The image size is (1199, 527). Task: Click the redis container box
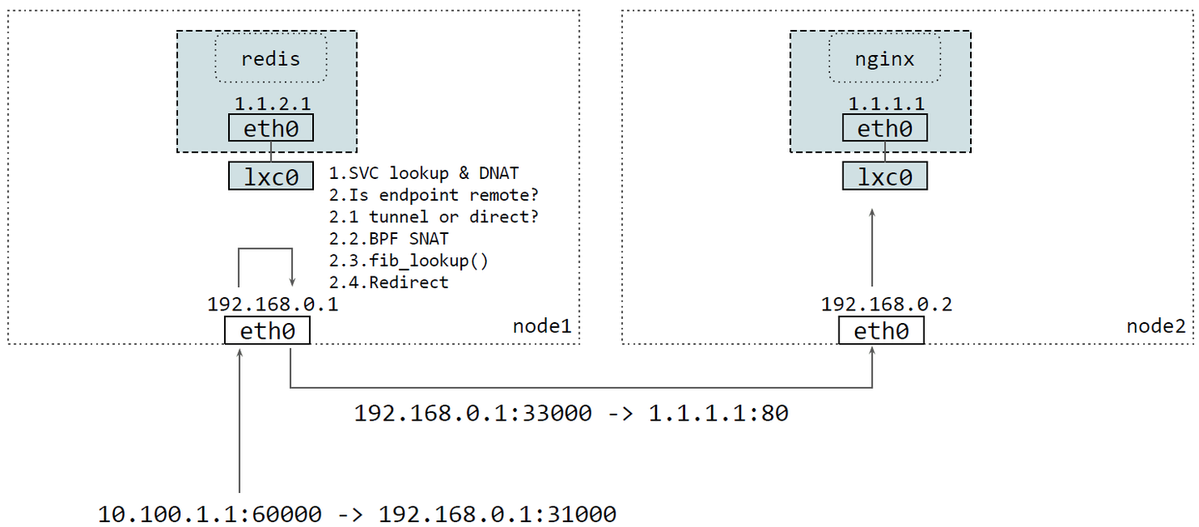(x=271, y=59)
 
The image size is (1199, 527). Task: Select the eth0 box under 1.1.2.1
(x=271, y=128)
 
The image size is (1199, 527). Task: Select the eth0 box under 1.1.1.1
(x=884, y=128)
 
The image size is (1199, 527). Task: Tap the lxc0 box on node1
(x=271, y=176)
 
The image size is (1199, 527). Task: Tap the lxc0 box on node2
(x=884, y=176)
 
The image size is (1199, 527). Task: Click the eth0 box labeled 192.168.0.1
(x=267, y=331)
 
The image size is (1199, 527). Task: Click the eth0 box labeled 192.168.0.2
(x=881, y=331)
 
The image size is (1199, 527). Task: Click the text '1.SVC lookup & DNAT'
(x=423, y=174)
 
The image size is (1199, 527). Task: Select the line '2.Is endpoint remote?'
(x=433, y=196)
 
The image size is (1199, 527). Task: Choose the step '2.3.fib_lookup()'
(x=408, y=261)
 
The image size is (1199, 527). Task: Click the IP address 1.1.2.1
(x=271, y=105)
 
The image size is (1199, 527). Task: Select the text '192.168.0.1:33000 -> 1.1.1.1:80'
(x=570, y=413)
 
